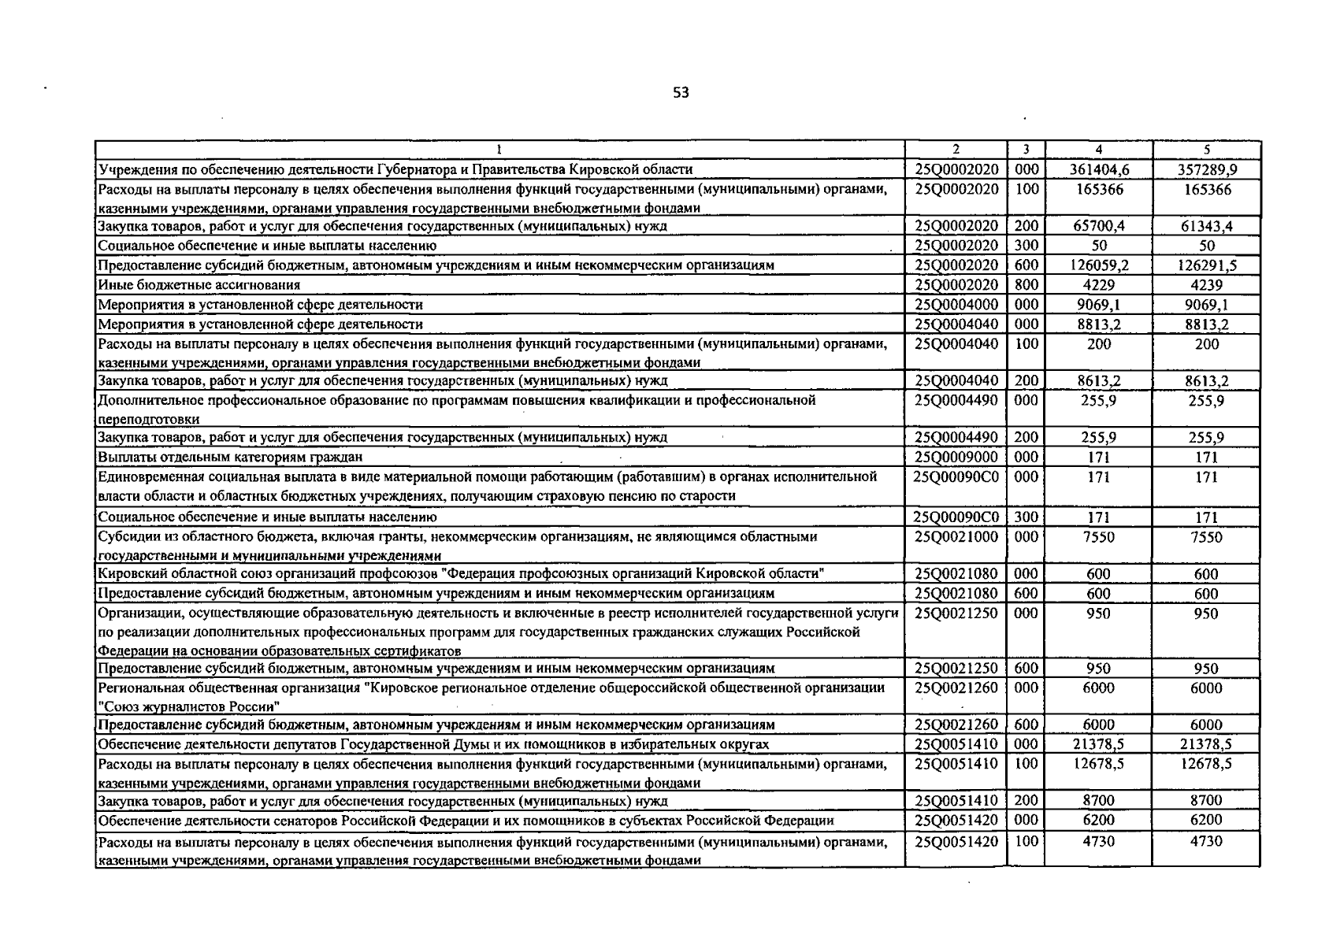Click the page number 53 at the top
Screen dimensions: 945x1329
click(681, 93)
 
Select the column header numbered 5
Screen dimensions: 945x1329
click(1206, 149)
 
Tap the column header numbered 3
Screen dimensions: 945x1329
click(1026, 149)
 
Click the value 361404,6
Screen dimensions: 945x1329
click(1098, 169)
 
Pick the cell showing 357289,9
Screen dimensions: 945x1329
click(1206, 169)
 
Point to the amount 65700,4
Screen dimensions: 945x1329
click(1098, 226)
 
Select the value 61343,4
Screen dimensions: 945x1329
click(1206, 227)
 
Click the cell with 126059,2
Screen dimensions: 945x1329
click(1098, 265)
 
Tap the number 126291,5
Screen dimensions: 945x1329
click(1206, 265)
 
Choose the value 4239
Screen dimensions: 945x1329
click(1206, 285)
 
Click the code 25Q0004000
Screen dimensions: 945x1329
click(956, 305)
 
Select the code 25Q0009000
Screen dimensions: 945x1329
click(956, 458)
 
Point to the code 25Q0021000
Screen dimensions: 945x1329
click(956, 537)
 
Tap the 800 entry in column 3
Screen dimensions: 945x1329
click(1026, 285)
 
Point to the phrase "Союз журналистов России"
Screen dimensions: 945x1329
click(189, 706)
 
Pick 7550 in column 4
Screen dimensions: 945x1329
click(1098, 537)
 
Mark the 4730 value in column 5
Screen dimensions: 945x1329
click(1206, 841)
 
